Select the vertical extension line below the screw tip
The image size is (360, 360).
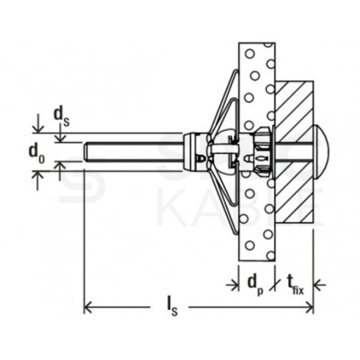84,233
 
